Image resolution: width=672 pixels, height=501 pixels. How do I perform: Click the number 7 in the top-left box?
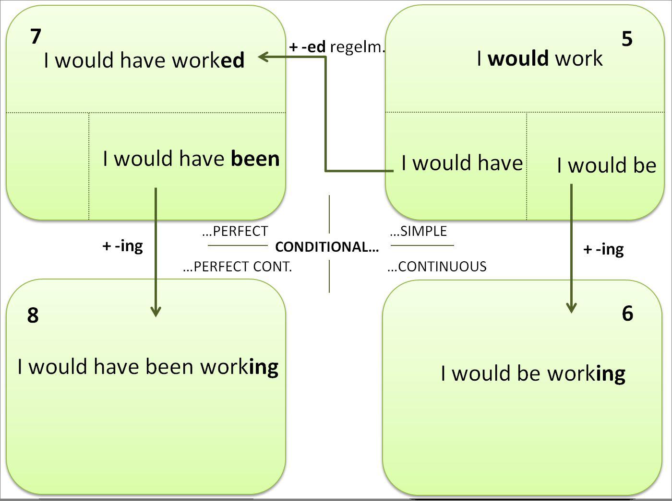click(36, 36)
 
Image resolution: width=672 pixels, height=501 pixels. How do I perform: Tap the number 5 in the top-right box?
click(627, 39)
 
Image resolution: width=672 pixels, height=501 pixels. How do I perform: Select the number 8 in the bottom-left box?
click(33, 315)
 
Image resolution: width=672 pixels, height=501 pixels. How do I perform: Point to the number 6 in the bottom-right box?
click(627, 313)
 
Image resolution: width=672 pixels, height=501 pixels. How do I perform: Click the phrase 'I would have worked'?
click(144, 60)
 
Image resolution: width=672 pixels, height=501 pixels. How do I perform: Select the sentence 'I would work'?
click(540, 58)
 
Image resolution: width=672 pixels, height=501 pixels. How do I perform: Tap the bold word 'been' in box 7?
click(255, 159)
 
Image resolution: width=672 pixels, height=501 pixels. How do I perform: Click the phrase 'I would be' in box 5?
click(606, 165)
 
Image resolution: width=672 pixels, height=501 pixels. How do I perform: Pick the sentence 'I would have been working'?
click(148, 367)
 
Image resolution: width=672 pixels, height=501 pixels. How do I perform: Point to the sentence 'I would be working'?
click(533, 373)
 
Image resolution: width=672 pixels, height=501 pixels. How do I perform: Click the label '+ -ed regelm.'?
click(337, 47)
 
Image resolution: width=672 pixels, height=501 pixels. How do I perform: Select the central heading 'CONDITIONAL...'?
click(327, 247)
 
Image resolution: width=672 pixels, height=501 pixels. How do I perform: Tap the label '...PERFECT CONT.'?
click(237, 267)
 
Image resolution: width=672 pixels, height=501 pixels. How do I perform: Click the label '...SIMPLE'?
click(418, 231)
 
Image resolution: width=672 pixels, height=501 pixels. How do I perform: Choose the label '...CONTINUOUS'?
click(437, 267)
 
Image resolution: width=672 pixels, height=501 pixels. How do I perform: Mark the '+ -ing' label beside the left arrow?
click(122, 246)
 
